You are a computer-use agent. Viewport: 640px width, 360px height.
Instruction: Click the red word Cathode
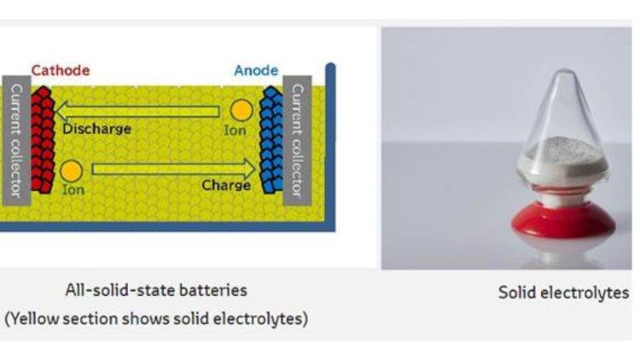pyautogui.click(x=60, y=70)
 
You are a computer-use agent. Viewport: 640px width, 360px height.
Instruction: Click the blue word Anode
pyautogui.click(x=256, y=70)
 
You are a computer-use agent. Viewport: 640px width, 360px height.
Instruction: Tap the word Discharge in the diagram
pyautogui.click(x=97, y=129)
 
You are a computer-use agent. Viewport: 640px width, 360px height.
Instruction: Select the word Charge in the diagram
pyautogui.click(x=226, y=184)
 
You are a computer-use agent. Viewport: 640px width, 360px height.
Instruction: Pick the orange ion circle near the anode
pyautogui.click(x=241, y=110)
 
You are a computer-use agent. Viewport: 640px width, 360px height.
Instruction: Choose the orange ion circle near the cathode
pyautogui.click(x=73, y=171)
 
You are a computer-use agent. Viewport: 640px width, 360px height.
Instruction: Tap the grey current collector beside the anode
pyautogui.click(x=299, y=142)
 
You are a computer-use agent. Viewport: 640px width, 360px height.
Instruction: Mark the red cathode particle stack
pyautogui.click(x=41, y=141)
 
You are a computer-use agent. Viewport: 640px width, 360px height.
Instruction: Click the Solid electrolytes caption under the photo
pyautogui.click(x=563, y=293)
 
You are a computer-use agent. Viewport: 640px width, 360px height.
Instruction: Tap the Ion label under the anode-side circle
pyautogui.click(x=235, y=131)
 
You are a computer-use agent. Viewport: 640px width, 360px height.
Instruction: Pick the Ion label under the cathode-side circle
pyautogui.click(x=73, y=189)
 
